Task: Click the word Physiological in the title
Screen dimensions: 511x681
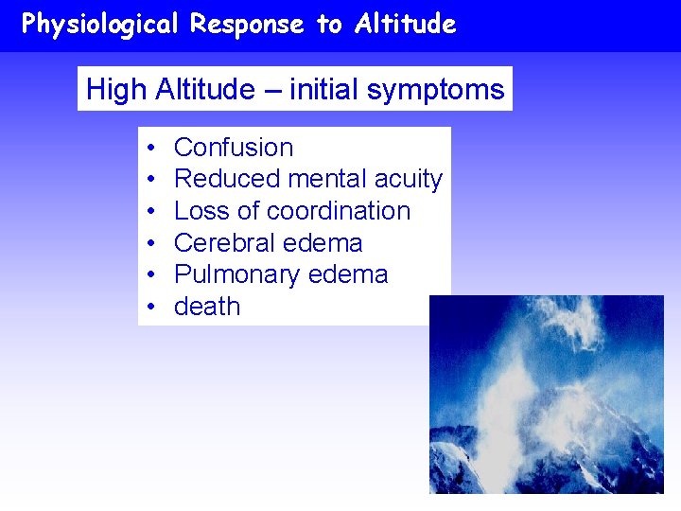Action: tap(99, 25)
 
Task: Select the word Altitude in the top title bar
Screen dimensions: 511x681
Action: tap(406, 25)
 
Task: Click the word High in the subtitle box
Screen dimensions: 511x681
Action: tap(114, 90)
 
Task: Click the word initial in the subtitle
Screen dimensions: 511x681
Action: tap(323, 90)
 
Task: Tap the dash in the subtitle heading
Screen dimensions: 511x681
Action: tap(271, 91)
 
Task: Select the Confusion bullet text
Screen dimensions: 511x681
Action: tap(234, 148)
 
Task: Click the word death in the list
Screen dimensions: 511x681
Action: tap(207, 307)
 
